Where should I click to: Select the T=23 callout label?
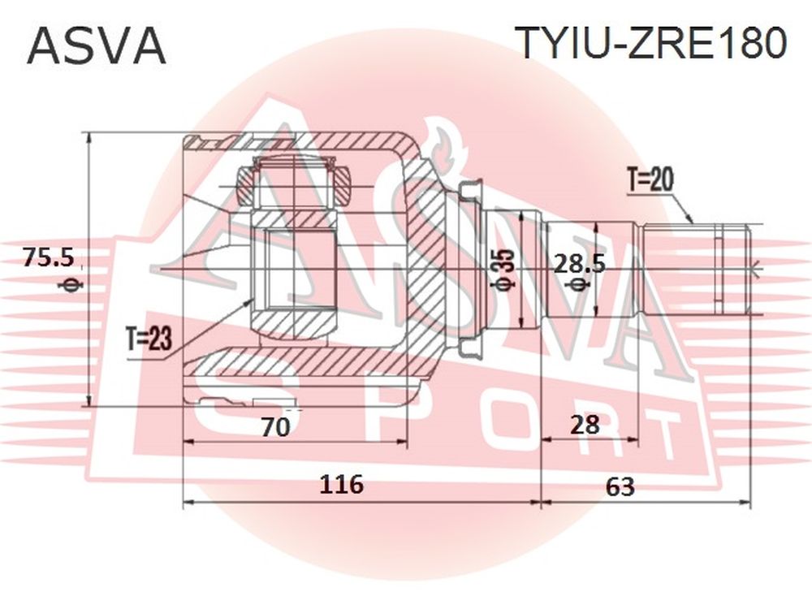pyautogui.click(x=149, y=339)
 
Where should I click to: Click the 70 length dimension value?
pyautogui.click(x=275, y=427)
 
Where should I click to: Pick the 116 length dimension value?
pyautogui.click(x=341, y=485)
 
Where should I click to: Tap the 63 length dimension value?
pyautogui.click(x=620, y=486)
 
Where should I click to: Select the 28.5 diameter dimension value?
pyautogui.click(x=580, y=265)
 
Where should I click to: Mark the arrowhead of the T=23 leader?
pyautogui.click(x=248, y=301)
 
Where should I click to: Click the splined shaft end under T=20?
pyautogui.click(x=696, y=270)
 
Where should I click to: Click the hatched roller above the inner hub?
pyautogui.click(x=293, y=184)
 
